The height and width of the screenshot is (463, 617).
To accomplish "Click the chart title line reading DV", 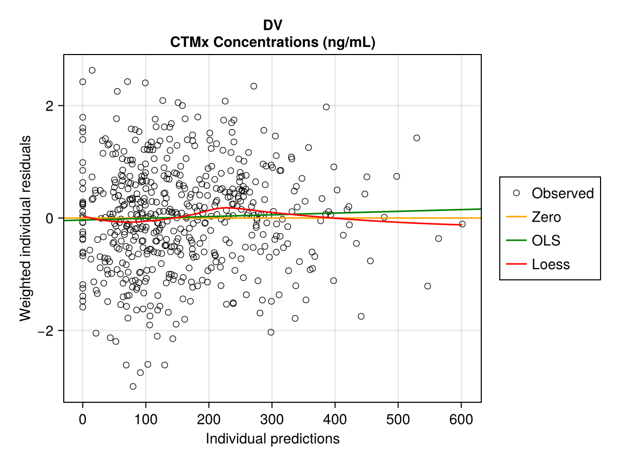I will [273, 25].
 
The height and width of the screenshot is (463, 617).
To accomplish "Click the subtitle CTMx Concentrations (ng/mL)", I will [273, 43].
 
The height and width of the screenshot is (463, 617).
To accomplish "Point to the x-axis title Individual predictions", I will [273, 439].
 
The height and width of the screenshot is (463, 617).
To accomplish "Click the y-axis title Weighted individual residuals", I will [26, 228].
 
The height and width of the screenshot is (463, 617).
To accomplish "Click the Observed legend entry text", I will [562, 193].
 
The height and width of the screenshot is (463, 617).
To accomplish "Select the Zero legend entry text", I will [546, 217].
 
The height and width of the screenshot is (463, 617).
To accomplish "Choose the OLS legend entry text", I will [546, 241].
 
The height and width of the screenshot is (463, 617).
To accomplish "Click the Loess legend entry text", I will [551, 264].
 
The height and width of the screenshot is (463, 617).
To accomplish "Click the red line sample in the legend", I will [516, 264].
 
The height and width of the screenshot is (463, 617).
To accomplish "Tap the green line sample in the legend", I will [516, 241].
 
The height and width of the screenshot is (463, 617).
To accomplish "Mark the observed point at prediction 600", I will [462, 224].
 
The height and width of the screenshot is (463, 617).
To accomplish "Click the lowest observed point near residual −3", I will [133, 386].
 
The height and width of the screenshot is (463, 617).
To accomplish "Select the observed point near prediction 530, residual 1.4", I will [416, 137].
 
